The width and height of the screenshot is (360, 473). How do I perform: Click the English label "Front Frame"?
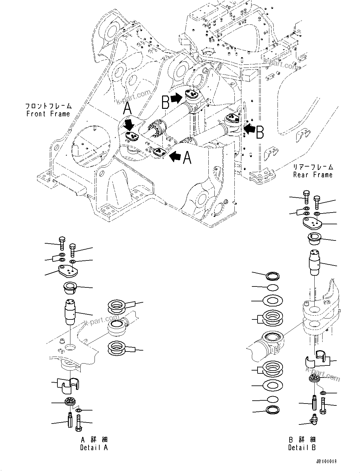48,114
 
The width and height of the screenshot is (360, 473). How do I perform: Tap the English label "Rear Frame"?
313,175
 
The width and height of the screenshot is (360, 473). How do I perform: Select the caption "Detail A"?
94,448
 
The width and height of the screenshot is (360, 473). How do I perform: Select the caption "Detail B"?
302,448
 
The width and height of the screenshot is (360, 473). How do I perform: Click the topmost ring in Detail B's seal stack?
273,275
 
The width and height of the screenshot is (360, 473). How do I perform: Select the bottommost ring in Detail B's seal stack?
273,410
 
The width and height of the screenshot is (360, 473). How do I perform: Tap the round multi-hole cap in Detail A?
70,401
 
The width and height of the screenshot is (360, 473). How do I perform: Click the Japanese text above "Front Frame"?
48,106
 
